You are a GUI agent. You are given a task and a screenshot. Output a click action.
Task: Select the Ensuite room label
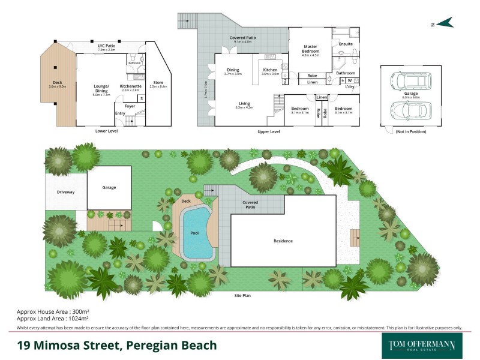[x=346, y=44]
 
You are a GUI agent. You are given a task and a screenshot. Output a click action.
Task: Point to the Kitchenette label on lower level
[x=131, y=86]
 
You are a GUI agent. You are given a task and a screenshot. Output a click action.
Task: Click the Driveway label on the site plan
[x=66, y=192]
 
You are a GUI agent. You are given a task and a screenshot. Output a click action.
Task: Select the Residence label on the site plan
[x=283, y=241]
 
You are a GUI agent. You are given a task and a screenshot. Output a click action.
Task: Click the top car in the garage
[x=408, y=80]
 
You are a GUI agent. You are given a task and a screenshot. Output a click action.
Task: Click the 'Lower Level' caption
[x=106, y=131]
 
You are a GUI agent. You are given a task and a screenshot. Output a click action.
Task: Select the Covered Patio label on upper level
[x=243, y=38]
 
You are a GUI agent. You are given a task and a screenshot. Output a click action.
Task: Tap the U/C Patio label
[x=106, y=46]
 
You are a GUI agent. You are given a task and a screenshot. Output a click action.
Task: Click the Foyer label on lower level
[x=130, y=106]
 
